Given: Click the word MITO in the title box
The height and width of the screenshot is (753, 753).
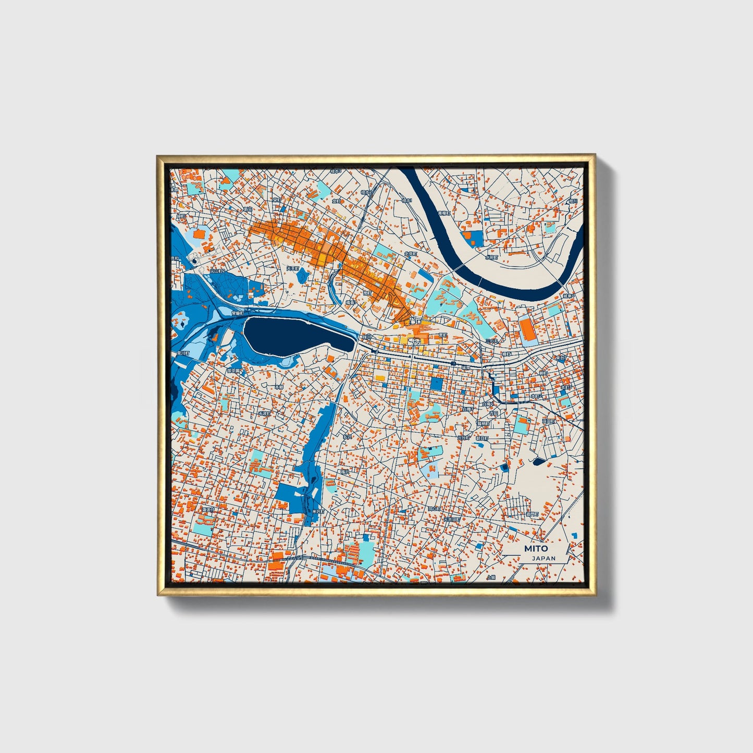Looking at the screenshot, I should click(536, 548).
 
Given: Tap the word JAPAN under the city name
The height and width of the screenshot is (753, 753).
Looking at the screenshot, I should click(544, 558).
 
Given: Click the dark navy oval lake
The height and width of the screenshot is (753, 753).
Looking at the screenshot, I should click(299, 336).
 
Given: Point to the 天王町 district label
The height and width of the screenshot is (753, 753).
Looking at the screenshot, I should click(293, 268).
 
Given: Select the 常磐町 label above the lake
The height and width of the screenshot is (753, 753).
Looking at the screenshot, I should click(237, 313).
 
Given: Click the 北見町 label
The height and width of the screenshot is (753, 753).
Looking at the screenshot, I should click(411, 254).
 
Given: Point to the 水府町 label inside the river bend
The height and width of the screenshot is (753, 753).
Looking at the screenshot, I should click(492, 257).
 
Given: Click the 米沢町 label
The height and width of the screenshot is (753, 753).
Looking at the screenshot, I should click(318, 512).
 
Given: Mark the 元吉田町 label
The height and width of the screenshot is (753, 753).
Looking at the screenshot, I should click(452, 520).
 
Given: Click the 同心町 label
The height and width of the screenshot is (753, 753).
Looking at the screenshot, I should click(434, 508).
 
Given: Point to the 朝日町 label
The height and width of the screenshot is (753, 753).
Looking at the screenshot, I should click(482, 438).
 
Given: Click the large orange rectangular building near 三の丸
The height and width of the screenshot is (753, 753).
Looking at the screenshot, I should click(527, 330).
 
